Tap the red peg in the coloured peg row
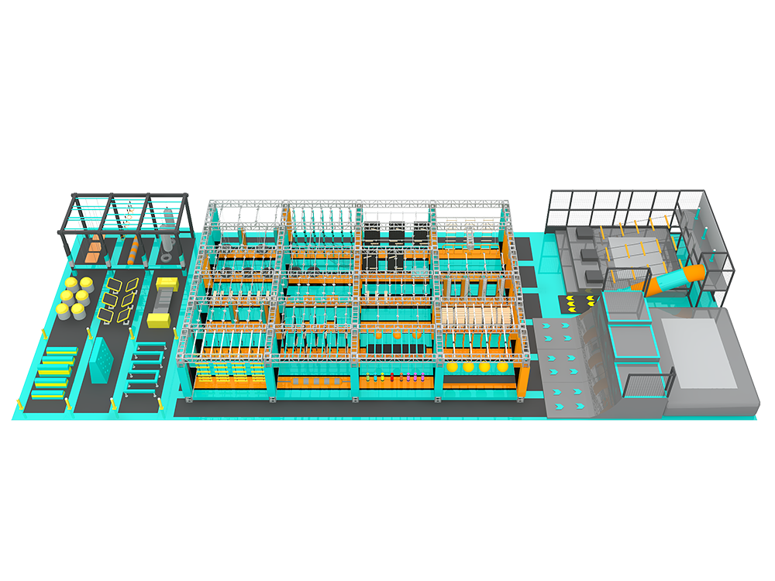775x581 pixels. coord(392,379)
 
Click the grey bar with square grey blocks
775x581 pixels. coord(310,382)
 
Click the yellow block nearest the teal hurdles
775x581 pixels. coord(157,318)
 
